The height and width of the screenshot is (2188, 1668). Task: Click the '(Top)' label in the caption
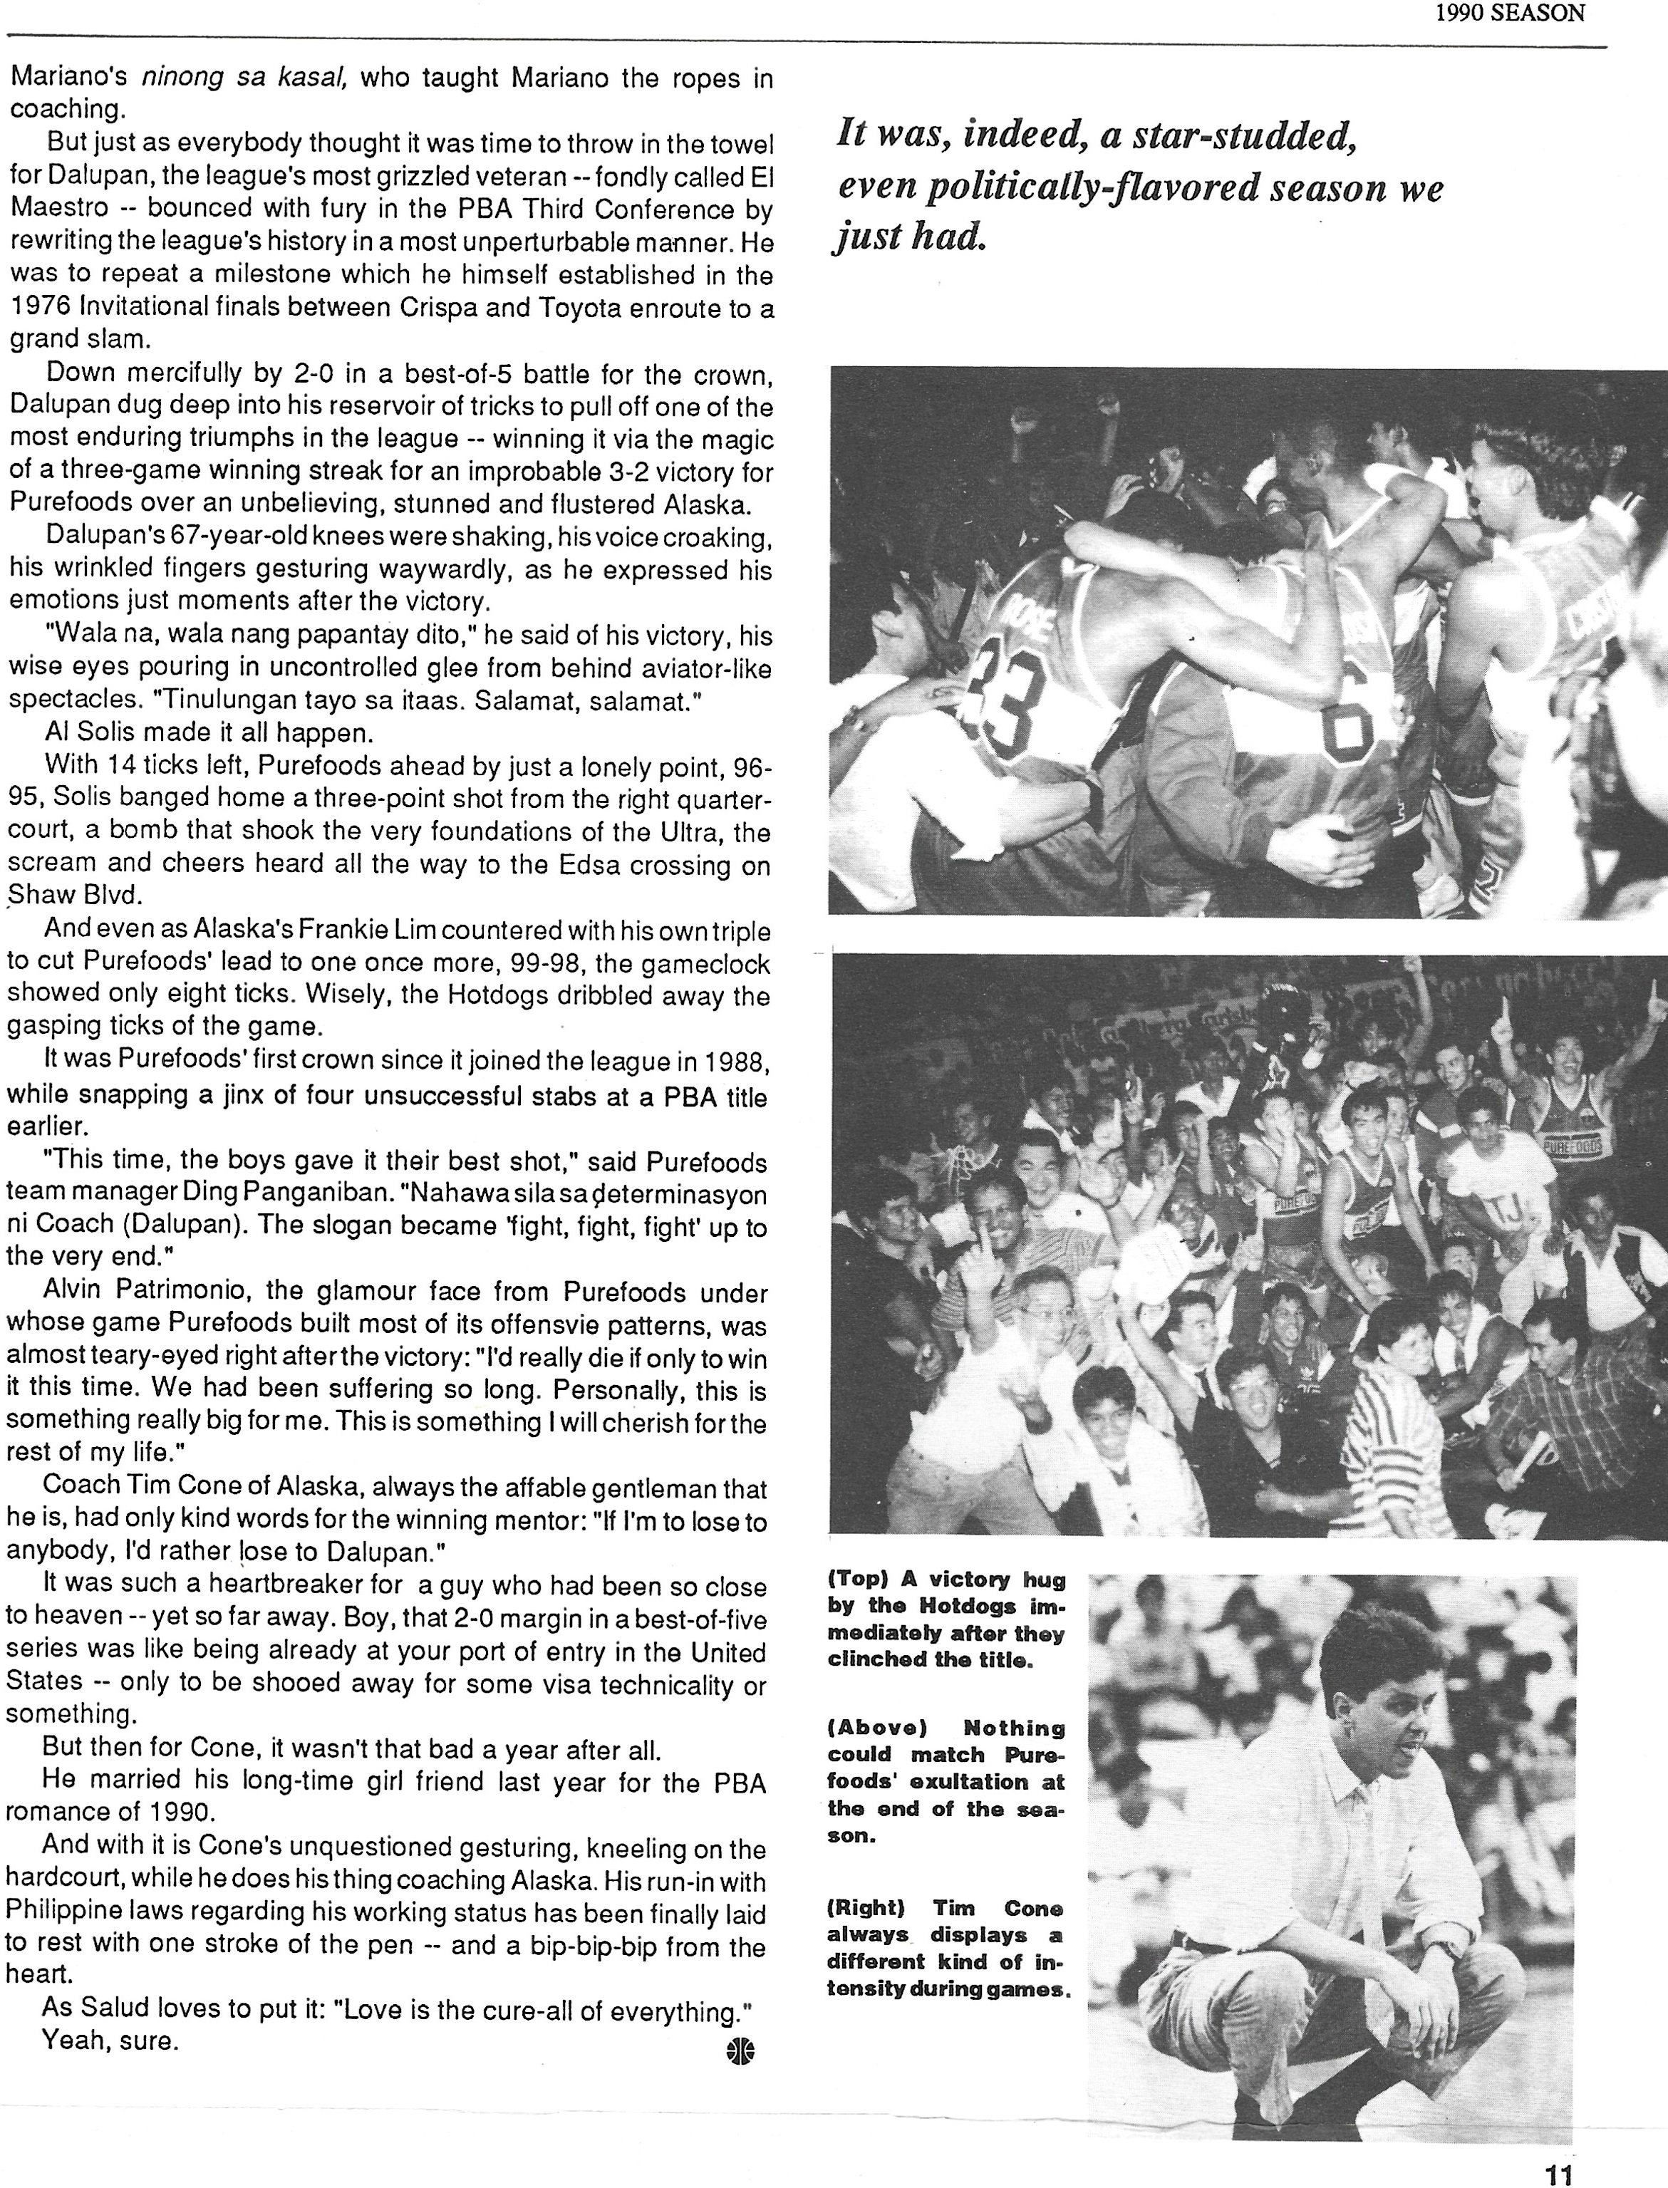point(859,1580)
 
